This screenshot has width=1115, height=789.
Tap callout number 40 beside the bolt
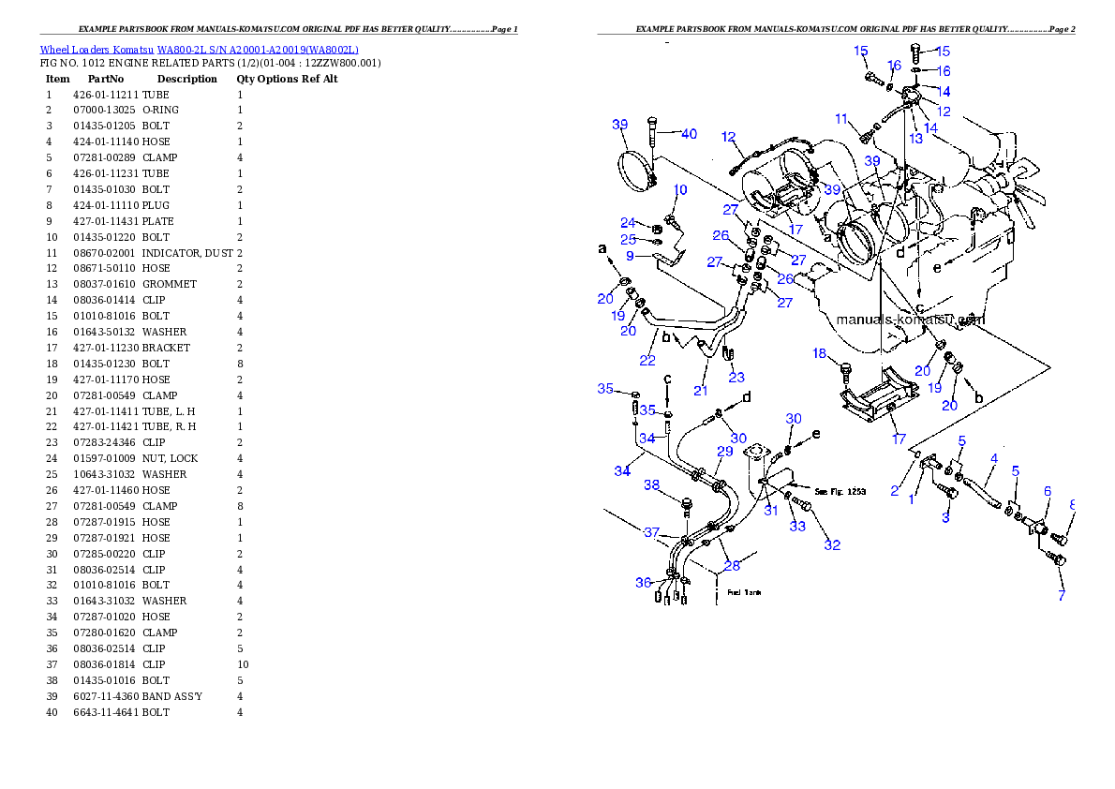pyautogui.click(x=689, y=134)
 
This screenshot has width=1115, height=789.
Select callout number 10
pyautogui.click(x=680, y=190)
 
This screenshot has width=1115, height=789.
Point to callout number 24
pyautogui.click(x=628, y=223)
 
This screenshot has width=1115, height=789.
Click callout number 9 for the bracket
pyautogui.click(x=631, y=255)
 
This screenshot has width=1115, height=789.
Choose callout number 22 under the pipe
pyautogui.click(x=647, y=361)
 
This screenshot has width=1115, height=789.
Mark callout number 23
pyautogui.click(x=736, y=378)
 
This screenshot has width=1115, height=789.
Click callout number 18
pyautogui.click(x=820, y=353)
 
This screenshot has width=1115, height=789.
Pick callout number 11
pyautogui.click(x=841, y=119)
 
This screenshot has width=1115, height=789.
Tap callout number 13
pyautogui.click(x=915, y=139)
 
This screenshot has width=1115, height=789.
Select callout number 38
pyautogui.click(x=652, y=485)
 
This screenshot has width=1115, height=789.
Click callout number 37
pyautogui.click(x=652, y=532)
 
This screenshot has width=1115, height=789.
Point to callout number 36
pyautogui.click(x=643, y=583)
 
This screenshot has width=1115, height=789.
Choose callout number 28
pyautogui.click(x=732, y=565)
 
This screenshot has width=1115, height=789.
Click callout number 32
pyautogui.click(x=832, y=545)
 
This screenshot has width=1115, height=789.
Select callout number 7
pyautogui.click(x=1062, y=595)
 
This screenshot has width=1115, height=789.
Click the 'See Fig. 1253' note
pyautogui.click(x=835, y=491)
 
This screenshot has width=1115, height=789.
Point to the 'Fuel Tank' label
pyautogui.click(x=745, y=592)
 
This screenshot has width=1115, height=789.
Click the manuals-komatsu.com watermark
pyautogui.click(x=910, y=320)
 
